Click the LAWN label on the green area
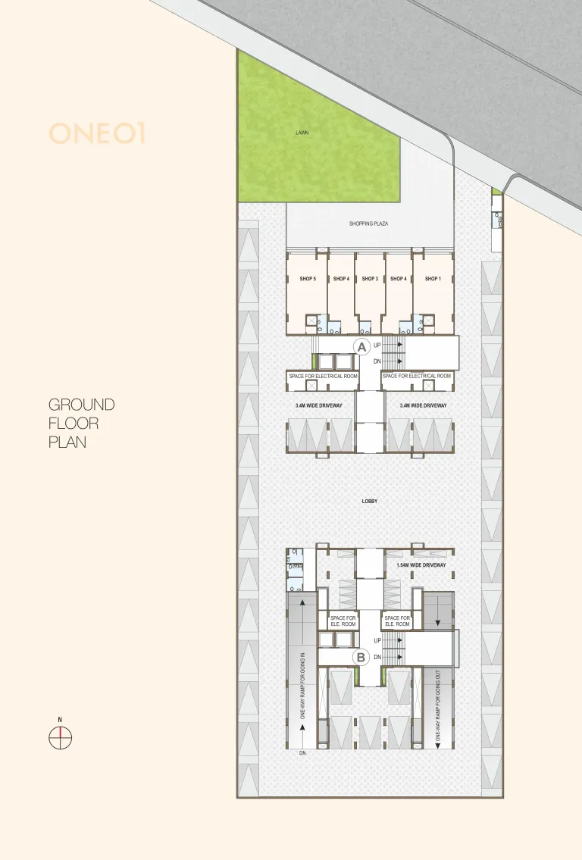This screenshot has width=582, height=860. (302, 133)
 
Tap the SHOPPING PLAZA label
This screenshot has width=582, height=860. (368, 224)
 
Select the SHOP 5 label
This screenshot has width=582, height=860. (308, 279)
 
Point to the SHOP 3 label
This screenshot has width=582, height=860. (370, 279)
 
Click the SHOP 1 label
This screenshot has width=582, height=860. (433, 279)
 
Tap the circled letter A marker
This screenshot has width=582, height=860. (361, 347)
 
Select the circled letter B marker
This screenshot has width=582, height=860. (361, 657)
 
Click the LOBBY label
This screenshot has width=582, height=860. (370, 502)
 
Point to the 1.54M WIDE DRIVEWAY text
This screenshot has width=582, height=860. (421, 565)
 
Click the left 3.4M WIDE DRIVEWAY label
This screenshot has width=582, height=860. (319, 405)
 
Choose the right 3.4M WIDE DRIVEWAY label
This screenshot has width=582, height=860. (423, 405)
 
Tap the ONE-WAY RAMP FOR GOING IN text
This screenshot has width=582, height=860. (302, 686)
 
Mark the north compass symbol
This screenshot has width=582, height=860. (61, 737)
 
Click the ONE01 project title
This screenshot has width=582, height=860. (97, 133)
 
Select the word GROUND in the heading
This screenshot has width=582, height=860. (82, 405)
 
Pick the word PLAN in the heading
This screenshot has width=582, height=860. (67, 442)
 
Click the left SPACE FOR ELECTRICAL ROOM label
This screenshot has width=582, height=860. (323, 377)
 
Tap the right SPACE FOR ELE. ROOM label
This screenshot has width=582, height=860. (397, 621)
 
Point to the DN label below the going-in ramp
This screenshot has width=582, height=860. (303, 754)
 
